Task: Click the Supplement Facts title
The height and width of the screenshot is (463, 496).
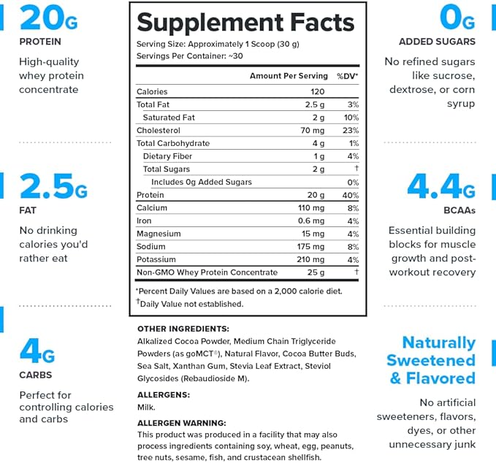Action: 245,22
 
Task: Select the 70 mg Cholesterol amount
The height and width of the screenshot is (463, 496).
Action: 313,131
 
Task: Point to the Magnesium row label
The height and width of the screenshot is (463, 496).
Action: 159,234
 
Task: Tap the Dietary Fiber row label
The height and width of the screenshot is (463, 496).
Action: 167,156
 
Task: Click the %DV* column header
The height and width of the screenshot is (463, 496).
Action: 347,76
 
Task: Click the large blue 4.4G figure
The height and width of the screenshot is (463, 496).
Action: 440,187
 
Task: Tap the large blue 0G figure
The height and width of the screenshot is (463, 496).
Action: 457,17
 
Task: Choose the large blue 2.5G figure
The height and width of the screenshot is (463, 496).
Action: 53,187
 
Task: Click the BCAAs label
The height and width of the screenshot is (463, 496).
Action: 458,210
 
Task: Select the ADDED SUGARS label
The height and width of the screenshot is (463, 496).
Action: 437,42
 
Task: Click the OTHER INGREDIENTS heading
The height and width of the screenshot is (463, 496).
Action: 183,329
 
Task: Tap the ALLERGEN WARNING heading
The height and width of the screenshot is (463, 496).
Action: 182,423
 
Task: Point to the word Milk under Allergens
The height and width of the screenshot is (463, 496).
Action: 145,407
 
